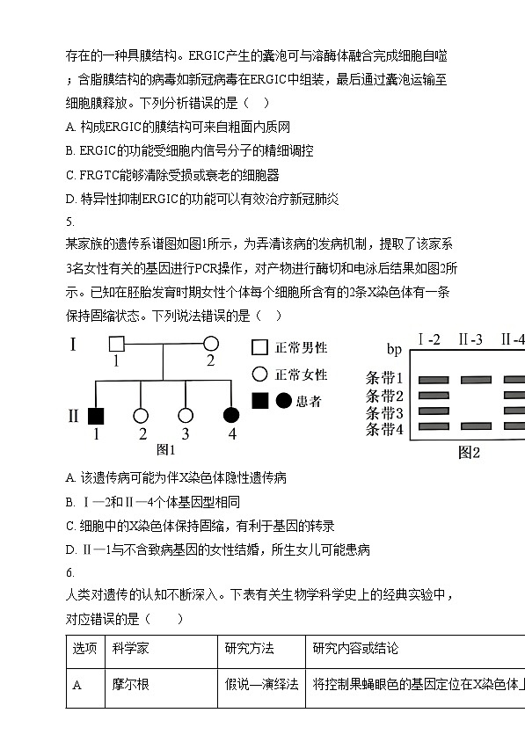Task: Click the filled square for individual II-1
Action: [x=96, y=416]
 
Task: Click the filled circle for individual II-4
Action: [x=231, y=415]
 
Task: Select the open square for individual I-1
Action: [x=116, y=344]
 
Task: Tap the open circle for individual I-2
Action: [x=211, y=344]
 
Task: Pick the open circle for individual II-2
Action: [x=141, y=416]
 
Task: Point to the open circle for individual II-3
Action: [x=186, y=416]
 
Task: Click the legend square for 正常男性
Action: [x=259, y=347]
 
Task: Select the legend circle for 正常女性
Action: [x=259, y=374]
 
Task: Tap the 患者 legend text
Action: [x=309, y=401]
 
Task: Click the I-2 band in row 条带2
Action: [x=434, y=396]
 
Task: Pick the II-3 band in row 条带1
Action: [x=477, y=380]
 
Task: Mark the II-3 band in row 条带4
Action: [x=477, y=426]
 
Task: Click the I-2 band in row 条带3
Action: [x=434, y=411]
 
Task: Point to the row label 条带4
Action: [x=384, y=429]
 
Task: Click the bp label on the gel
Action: [x=394, y=349]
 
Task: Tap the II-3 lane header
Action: [x=470, y=339]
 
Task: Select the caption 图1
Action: [x=165, y=449]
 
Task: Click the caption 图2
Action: [x=469, y=453]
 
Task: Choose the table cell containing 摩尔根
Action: [x=162, y=687]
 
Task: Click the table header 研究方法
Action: [x=249, y=648]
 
